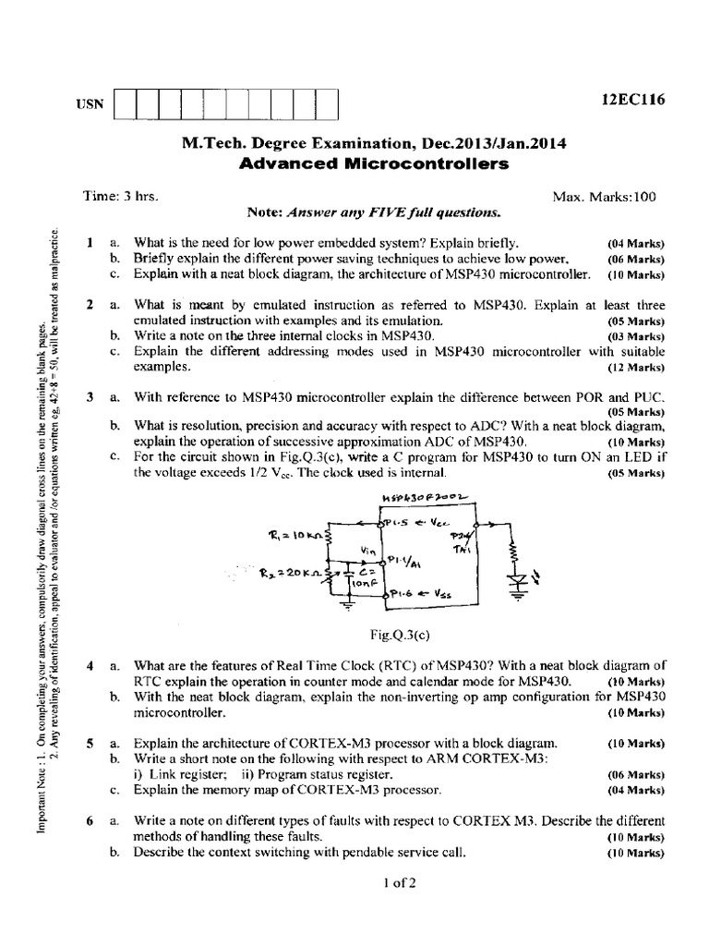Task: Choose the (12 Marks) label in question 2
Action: [636, 367]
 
